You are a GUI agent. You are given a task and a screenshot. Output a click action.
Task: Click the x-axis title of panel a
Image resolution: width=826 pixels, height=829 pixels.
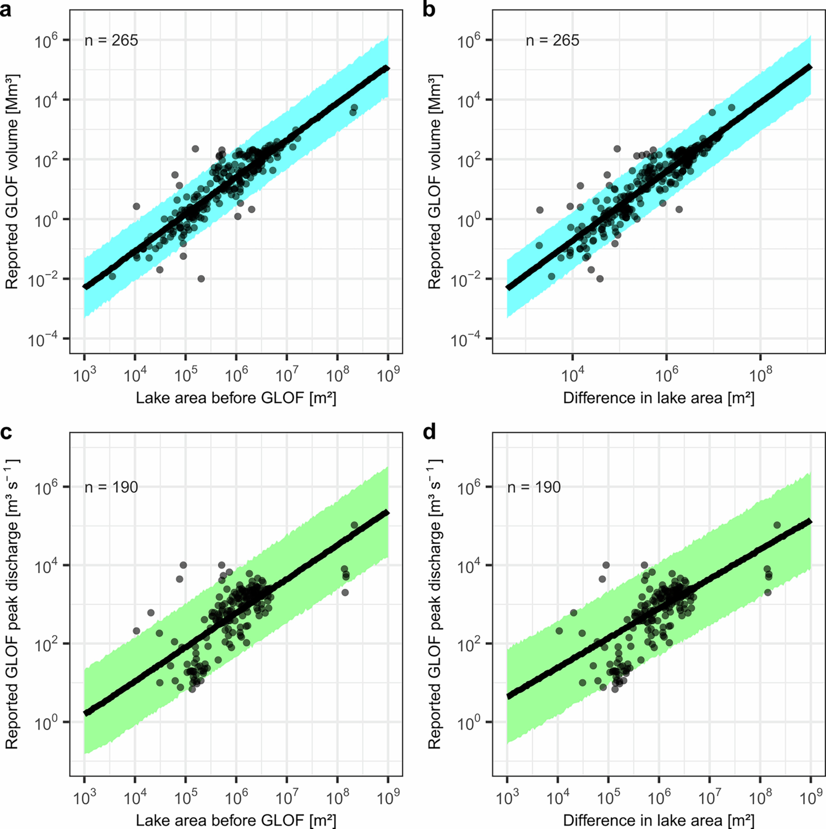point(236,398)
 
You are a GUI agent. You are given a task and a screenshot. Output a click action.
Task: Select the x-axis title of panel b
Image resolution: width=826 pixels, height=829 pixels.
point(659,398)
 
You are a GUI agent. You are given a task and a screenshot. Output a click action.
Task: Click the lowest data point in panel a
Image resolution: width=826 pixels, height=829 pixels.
point(201,279)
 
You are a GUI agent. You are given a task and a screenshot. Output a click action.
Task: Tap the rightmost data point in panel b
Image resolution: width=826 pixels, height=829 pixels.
point(731,107)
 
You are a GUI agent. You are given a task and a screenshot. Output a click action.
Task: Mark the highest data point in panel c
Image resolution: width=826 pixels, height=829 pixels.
point(354,525)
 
